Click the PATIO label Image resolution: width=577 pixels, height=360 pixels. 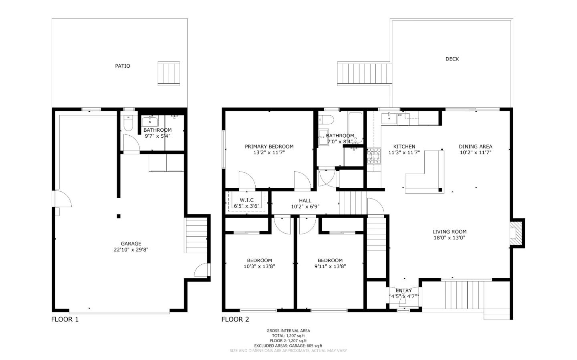coord(123,66)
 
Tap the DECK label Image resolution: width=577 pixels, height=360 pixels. coord(452,59)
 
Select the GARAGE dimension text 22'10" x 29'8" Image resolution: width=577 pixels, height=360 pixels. coord(131,249)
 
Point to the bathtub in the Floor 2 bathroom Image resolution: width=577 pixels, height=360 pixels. coord(355,127)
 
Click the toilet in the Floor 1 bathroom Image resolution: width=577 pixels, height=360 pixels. coord(128,123)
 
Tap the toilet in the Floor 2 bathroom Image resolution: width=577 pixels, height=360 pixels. coord(326,120)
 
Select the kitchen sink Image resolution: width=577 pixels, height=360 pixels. coord(389,118)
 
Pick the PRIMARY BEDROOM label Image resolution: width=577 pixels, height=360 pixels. coord(269,147)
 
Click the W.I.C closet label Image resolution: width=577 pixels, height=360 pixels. coord(246,200)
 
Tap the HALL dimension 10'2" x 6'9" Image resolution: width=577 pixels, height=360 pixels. coord(305,207)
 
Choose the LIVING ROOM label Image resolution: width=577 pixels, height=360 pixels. coord(449,231)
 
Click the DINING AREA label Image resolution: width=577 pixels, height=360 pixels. coord(475,147)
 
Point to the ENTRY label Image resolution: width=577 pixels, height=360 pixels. coord(403,290)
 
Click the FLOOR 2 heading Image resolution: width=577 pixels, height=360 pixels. coord(235,319)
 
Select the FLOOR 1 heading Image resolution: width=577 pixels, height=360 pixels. coord(65,319)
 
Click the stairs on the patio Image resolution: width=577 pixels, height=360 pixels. coord(169,73)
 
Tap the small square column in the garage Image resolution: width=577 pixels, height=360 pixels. coord(119,216)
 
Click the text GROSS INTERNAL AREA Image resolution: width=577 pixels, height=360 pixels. coord(288,331)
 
